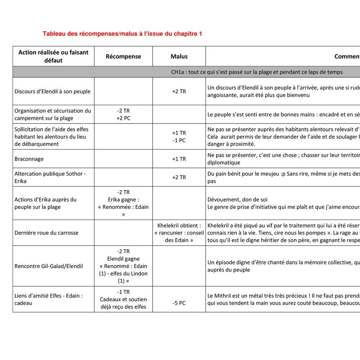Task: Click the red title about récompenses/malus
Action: (122, 34)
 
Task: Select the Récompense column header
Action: (123, 56)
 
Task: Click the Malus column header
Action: (179, 56)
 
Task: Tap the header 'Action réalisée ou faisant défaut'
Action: (53, 56)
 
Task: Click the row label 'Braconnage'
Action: (29, 159)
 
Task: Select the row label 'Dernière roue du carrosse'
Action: (46, 233)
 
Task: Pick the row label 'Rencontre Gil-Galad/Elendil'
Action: (49, 266)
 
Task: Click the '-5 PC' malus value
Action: (179, 303)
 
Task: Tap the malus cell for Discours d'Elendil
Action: (179, 91)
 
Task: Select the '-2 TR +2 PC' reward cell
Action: (123, 114)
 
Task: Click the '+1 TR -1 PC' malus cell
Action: (179, 136)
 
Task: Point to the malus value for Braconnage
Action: (179, 159)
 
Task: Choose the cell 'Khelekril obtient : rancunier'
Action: (179, 233)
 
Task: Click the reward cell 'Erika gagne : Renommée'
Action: (123, 203)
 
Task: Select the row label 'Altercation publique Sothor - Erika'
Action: (50, 177)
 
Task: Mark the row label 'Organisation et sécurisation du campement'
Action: (53, 114)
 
